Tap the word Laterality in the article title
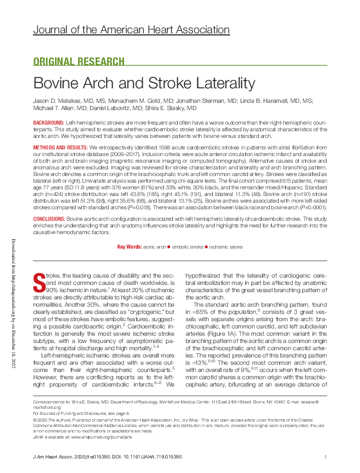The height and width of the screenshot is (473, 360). [219, 83]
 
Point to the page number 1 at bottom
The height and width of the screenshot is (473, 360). [326, 457]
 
